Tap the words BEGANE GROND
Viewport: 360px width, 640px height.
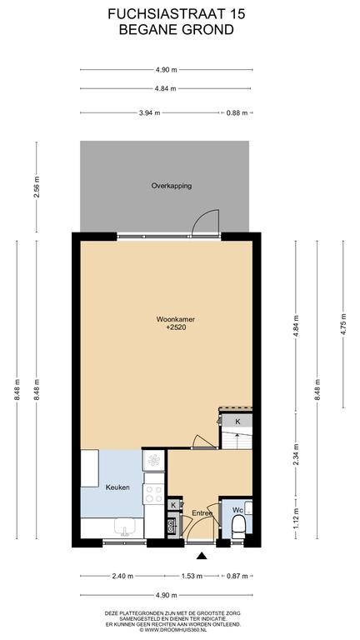pyautogui.click(x=177, y=29)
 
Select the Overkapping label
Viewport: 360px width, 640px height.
pyautogui.click(x=172, y=186)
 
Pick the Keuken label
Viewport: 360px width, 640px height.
pyautogui.click(x=117, y=487)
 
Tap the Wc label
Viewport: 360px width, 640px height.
pyautogui.click(x=237, y=510)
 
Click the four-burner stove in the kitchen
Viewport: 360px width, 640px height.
pyautogui.click(x=154, y=493)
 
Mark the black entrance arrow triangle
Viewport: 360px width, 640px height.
pyautogui.click(x=201, y=555)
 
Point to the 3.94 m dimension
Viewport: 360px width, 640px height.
pyautogui.click(x=150, y=113)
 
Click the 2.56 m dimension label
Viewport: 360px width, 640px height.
pyautogui.click(x=37, y=187)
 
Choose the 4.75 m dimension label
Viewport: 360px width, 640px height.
pyautogui.click(x=343, y=324)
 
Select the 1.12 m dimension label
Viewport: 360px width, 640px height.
pyautogui.click(x=297, y=518)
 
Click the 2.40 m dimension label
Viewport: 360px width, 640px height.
pyautogui.click(x=122, y=576)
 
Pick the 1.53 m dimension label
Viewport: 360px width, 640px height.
pyautogui.click(x=192, y=576)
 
